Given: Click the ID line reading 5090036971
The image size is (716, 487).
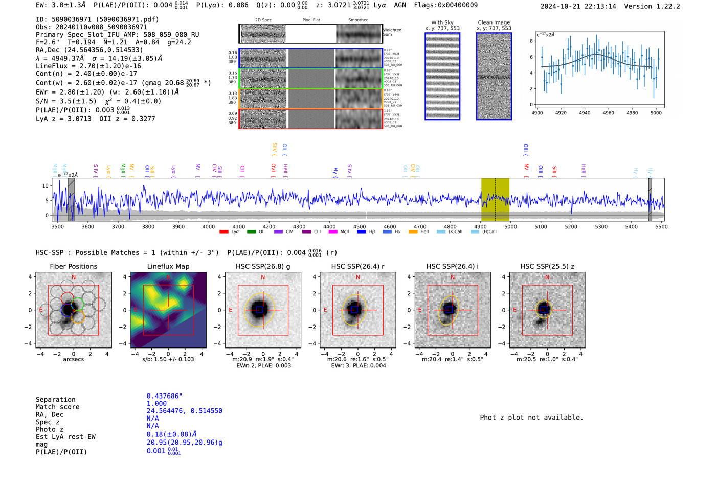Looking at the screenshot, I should pos(97,19).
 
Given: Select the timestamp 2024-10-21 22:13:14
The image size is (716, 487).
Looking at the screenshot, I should pos(578,6).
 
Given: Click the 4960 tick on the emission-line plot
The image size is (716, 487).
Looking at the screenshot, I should pos(608,113).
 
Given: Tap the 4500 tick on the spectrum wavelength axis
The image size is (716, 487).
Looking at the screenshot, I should pos(360,227).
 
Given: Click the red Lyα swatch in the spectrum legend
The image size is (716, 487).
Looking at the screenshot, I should pos(223,232).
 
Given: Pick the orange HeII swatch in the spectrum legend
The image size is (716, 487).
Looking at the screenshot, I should pos(413,232).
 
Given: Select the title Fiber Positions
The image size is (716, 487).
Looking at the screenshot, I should pos(73,266).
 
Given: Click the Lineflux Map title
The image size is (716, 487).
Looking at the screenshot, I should pos(168,266).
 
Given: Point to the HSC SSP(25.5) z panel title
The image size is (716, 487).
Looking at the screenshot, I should pos(547,266).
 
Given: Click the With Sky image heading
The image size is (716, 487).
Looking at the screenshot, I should pos(442,22).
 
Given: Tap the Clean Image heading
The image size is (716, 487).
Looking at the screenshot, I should pos(494,22).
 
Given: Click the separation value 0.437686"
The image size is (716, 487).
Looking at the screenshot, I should pos(164,396).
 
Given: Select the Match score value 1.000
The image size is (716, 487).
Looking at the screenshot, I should pos(156,403).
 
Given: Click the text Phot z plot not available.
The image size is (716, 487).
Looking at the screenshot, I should pos(531,418).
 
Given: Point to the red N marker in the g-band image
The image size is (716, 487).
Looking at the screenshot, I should pos(263,277).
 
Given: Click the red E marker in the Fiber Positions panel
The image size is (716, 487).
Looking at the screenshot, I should pos(41,310).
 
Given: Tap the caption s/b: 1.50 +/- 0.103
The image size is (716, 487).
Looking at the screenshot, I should pos(168,359).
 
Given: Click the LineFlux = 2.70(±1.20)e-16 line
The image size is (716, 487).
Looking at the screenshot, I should pos(88,66).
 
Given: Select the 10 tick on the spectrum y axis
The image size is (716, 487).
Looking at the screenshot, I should pos(45,186).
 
